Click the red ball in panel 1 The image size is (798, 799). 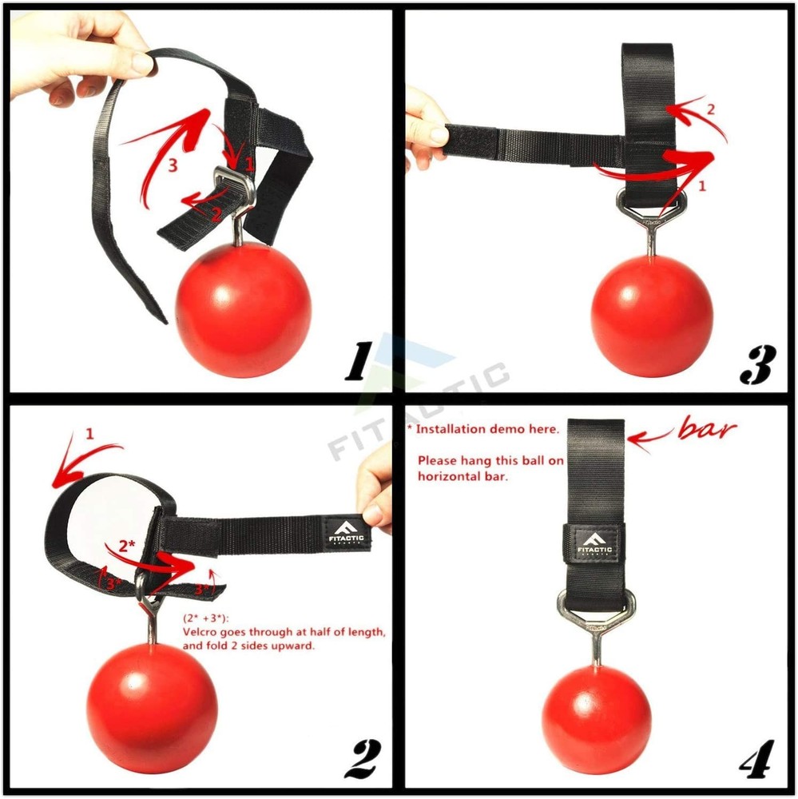[243, 299]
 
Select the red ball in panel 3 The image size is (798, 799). [652, 316]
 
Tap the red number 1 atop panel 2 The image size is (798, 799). [89, 434]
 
